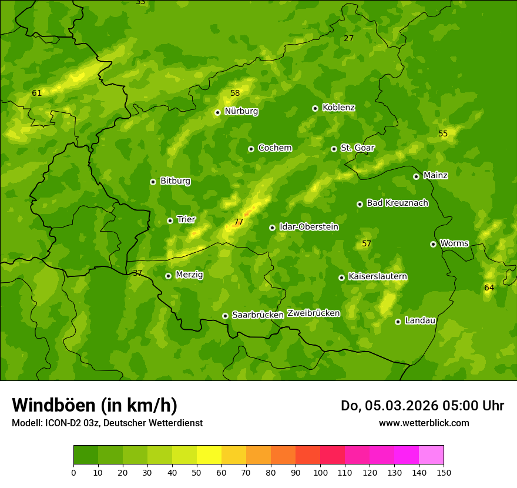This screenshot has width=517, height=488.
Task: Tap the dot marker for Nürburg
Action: pyautogui.click(x=217, y=112)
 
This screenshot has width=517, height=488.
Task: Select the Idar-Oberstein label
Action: pyautogui.click(x=308, y=227)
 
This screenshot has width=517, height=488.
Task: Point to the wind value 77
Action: pyautogui.click(x=239, y=222)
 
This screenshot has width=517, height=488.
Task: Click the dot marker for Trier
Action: pyautogui.click(x=170, y=221)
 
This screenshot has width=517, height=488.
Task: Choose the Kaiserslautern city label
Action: pyautogui.click(x=378, y=276)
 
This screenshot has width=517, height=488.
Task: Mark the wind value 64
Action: pyautogui.click(x=489, y=288)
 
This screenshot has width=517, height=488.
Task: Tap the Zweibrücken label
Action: pyautogui.click(x=313, y=313)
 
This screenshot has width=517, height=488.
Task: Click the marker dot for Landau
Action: pyautogui.click(x=398, y=322)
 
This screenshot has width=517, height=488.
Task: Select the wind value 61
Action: pyautogui.click(x=37, y=93)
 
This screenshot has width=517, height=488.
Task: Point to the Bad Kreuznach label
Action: pyautogui.click(x=397, y=203)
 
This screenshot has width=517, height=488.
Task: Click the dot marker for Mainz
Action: pyautogui.click(x=416, y=176)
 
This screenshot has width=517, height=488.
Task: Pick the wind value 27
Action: pyautogui.click(x=349, y=38)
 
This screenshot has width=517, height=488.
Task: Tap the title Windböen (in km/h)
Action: pyautogui.click(x=94, y=405)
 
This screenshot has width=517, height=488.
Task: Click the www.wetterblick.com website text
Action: pyautogui.click(x=424, y=423)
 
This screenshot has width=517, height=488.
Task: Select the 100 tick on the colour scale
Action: pyautogui.click(x=320, y=472)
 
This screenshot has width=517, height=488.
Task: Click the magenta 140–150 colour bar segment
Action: pyautogui.click(x=431, y=454)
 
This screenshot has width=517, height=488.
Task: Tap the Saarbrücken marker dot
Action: pyautogui.click(x=225, y=316)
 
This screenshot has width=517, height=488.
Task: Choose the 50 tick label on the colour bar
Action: pyautogui.click(x=197, y=472)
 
